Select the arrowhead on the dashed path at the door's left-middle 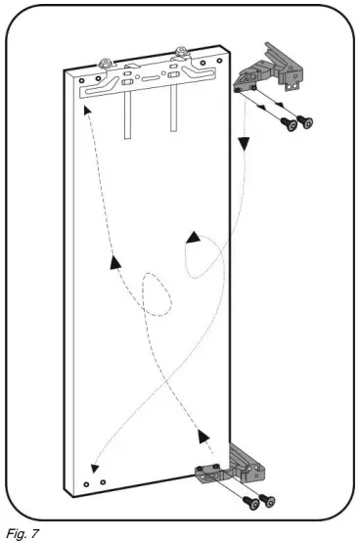tap(117, 260)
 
